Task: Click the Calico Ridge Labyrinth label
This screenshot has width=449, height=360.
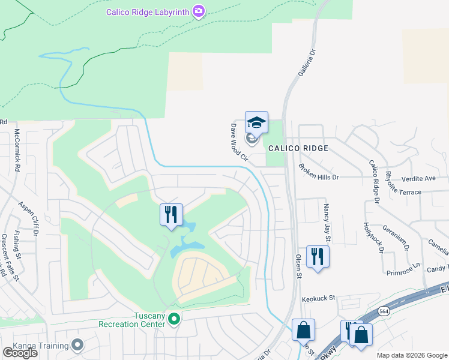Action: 148,11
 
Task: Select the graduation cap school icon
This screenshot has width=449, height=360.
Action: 256,123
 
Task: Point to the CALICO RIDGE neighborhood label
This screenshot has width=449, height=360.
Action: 298,148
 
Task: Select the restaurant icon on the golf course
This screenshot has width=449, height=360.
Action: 171,214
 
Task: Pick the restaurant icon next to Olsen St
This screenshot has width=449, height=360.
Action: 316,257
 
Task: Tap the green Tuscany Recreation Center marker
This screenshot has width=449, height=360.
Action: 174,318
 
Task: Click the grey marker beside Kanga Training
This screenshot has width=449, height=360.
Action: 77,344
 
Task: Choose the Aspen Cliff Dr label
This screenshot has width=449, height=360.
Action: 29,220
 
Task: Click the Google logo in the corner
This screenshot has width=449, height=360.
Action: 20,353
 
